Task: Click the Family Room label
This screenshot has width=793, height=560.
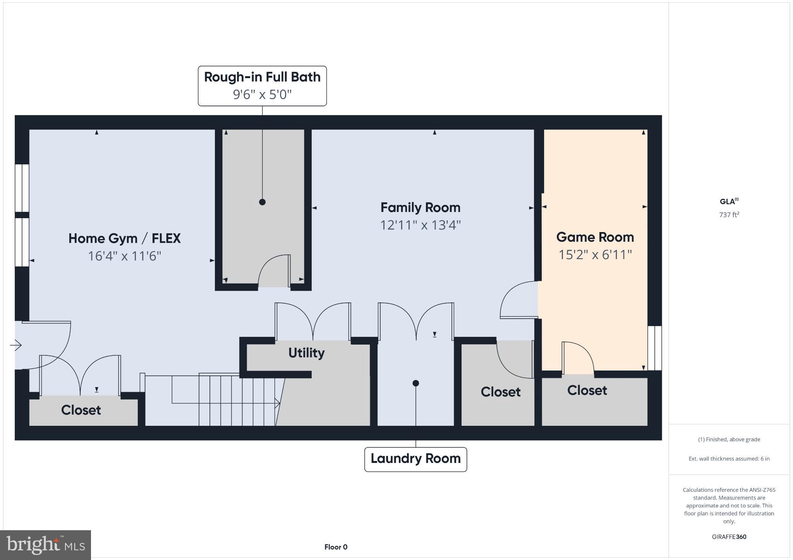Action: [x=420, y=208]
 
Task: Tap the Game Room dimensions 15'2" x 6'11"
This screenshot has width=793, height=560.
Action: [x=595, y=255]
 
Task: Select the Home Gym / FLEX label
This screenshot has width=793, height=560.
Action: [x=124, y=238]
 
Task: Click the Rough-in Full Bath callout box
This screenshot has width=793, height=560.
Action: [x=262, y=85]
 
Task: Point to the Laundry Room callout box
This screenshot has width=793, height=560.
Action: [x=415, y=459]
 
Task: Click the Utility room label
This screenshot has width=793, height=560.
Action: [x=306, y=353]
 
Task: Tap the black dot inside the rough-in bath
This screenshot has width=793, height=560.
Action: [x=262, y=202]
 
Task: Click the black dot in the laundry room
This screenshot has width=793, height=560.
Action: [x=415, y=383]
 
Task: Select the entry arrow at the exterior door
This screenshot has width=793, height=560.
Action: [x=16, y=345]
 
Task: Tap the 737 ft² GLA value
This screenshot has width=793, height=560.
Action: [x=729, y=215]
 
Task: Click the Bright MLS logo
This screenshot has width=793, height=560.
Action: [x=45, y=545]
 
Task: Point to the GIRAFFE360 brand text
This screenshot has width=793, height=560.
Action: [x=729, y=537]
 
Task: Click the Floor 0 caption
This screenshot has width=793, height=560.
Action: [x=336, y=547]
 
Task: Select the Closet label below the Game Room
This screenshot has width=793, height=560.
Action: [x=587, y=390]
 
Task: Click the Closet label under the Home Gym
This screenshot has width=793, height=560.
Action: [x=81, y=410]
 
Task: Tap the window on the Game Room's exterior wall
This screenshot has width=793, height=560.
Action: [x=654, y=348]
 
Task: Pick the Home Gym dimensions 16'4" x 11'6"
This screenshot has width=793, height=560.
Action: [x=124, y=256]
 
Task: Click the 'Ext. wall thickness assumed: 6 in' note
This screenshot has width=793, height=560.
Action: [x=729, y=459]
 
